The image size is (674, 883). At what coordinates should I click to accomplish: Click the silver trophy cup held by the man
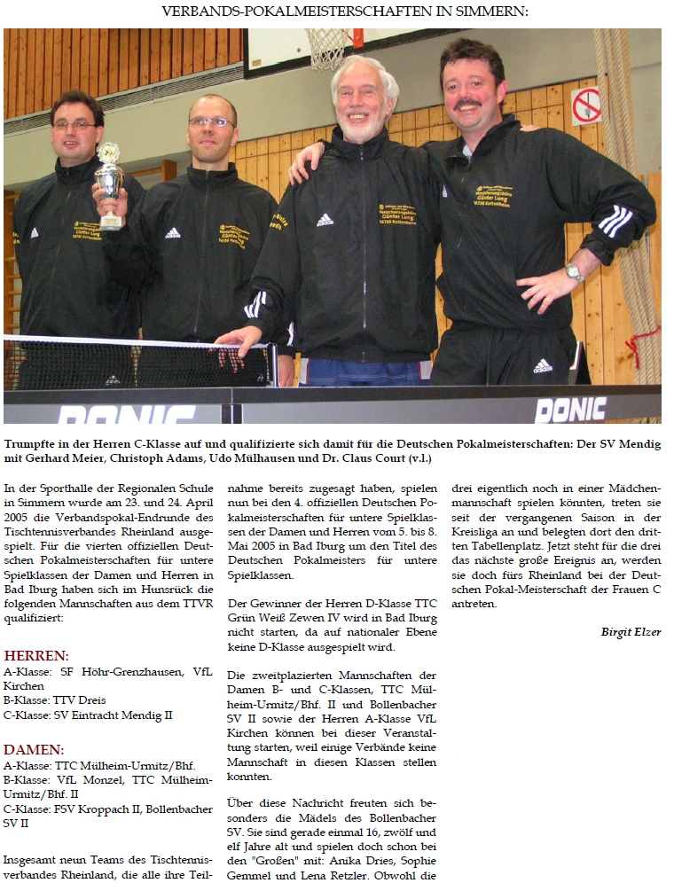click(110, 182)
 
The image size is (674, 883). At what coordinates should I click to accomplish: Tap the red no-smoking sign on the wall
click(585, 105)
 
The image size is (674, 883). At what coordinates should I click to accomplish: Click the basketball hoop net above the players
click(330, 48)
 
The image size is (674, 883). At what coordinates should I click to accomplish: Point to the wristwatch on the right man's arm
click(575, 272)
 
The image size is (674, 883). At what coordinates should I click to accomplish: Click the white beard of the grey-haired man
click(364, 129)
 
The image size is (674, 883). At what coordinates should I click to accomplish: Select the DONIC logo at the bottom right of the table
click(570, 409)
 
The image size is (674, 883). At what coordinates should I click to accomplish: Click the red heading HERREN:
click(36, 656)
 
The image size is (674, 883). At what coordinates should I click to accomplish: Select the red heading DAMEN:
click(34, 749)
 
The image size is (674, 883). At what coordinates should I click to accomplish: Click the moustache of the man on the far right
click(469, 105)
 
